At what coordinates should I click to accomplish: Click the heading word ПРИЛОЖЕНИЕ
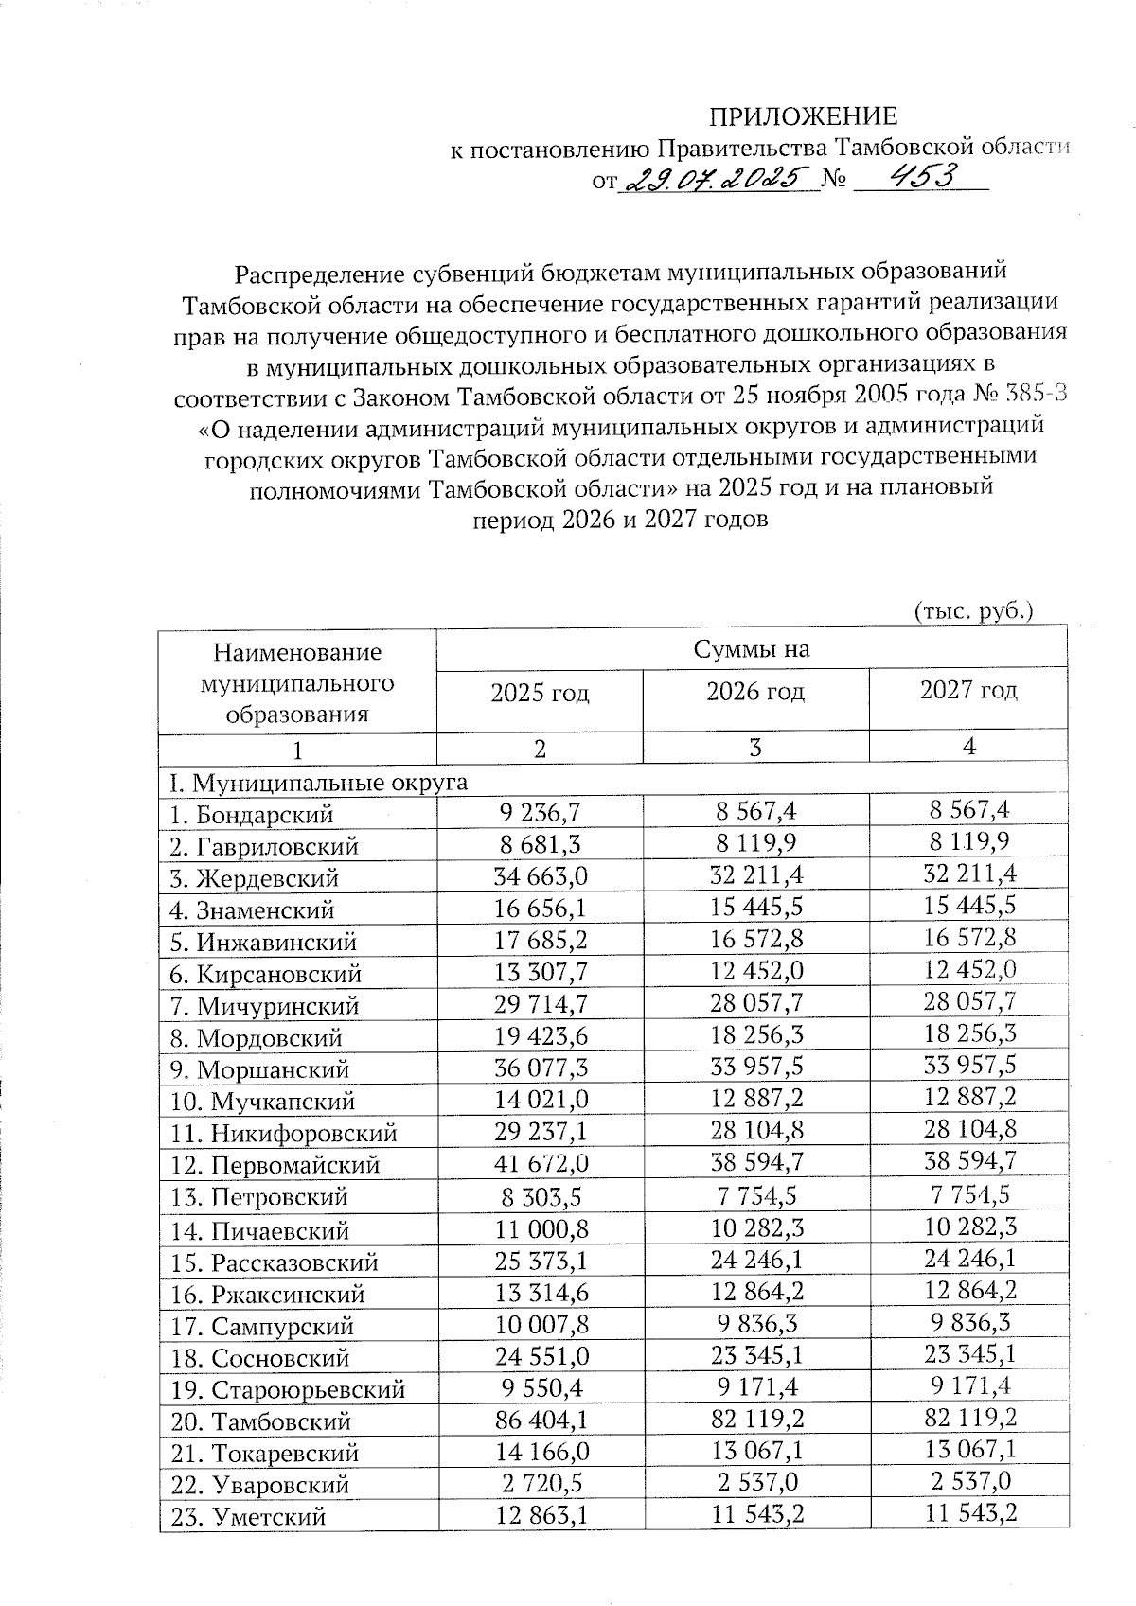tap(804, 116)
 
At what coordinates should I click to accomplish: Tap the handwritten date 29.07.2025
tap(716, 177)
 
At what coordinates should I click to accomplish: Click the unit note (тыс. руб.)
tap(972, 610)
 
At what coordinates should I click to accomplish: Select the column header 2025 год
tap(540, 694)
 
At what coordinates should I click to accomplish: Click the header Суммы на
tap(752, 649)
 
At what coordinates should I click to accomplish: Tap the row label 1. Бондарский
tap(252, 814)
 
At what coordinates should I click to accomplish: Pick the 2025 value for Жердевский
tap(541, 877)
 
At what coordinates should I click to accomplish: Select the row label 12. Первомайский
tap(275, 1165)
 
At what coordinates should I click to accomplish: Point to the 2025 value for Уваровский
tap(541, 1484)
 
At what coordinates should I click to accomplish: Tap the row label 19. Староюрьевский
tap(288, 1390)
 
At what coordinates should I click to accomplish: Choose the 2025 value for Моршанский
tap(541, 1068)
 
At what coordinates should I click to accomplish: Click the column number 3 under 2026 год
tap(755, 748)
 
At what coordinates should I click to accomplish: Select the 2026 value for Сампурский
tap(755, 1324)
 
